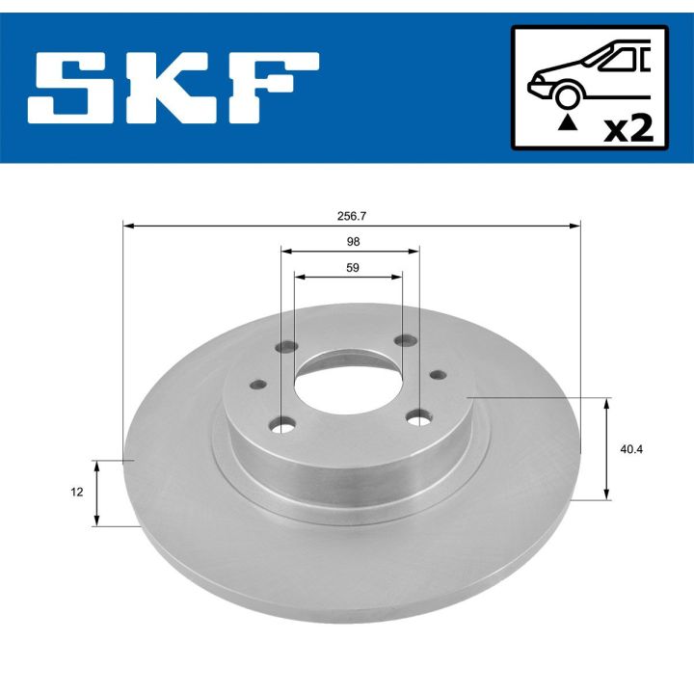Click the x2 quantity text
click(627, 129)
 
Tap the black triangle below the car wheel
click(569, 121)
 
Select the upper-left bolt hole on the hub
click(284, 347)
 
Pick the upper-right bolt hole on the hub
click(403, 340)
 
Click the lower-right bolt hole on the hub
click(417, 417)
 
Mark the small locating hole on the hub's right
click(436, 373)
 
